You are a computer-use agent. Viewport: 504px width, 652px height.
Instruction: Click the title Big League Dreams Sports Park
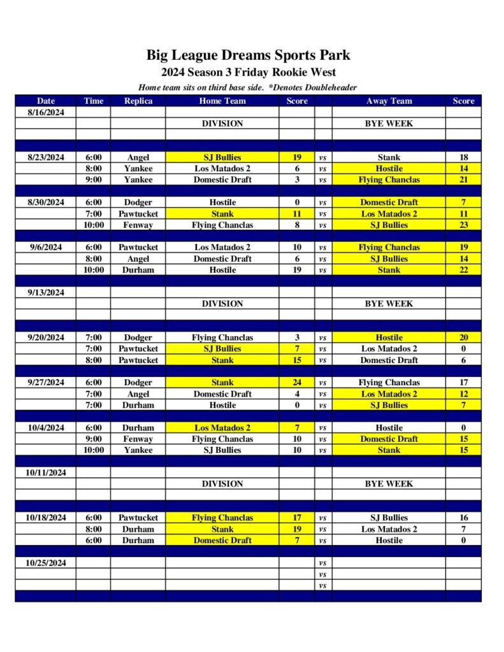click(x=248, y=55)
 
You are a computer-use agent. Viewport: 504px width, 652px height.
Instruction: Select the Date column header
click(x=46, y=101)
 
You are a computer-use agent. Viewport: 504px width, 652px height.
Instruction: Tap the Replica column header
click(x=138, y=101)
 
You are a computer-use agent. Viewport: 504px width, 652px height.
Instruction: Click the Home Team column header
click(x=222, y=101)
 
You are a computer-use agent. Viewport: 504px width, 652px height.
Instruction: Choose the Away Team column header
click(x=389, y=101)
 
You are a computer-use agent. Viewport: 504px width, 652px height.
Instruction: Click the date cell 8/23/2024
click(x=46, y=157)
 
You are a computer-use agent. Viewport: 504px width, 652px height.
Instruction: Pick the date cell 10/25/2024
click(x=46, y=563)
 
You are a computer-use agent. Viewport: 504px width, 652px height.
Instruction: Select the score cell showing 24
click(x=297, y=383)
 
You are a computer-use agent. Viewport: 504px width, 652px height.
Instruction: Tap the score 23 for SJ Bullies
click(x=463, y=225)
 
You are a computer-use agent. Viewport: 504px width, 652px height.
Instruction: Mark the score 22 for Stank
click(x=463, y=270)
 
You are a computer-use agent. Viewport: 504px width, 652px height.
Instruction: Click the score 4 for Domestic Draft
click(x=297, y=394)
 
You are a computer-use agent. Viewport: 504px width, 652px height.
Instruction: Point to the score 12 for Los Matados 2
click(x=463, y=394)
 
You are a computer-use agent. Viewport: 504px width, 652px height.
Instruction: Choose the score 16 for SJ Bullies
click(x=463, y=518)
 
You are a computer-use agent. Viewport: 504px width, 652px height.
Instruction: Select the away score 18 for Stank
click(x=463, y=157)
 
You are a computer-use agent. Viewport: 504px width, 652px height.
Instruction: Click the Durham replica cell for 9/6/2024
click(x=138, y=270)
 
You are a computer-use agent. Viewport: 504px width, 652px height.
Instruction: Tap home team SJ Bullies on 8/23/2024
click(x=222, y=157)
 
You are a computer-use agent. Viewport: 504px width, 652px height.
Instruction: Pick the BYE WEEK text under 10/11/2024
click(x=389, y=484)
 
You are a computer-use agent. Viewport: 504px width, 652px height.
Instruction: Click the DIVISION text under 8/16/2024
click(x=222, y=124)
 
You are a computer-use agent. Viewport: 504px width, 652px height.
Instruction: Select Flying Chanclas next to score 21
click(x=389, y=180)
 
